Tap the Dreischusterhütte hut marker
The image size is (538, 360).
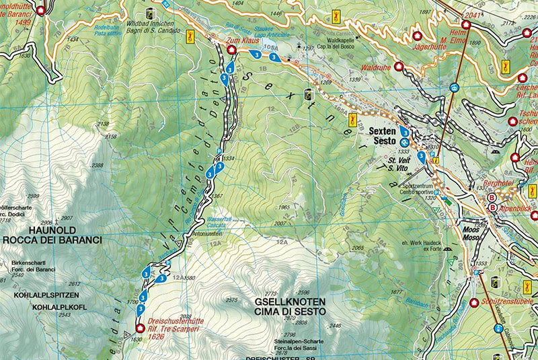pyautogui.click(x=140, y=328)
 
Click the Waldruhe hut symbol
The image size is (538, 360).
pyautogui.click(x=399, y=67)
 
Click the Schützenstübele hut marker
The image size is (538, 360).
pyautogui.click(x=473, y=302)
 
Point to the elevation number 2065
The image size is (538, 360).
pyautogui.click(x=357, y=248)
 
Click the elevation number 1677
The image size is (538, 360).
pyautogui.click(x=395, y=292)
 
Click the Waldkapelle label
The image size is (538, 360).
pyautogui.click(x=344, y=40)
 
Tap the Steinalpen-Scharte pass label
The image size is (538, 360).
pyautogui.click(x=295, y=342)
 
